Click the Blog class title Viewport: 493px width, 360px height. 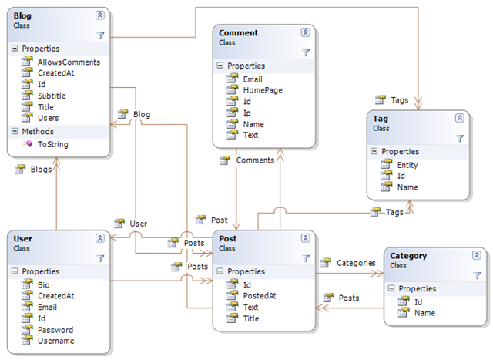pos(22,15)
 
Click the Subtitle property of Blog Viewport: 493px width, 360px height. pos(51,96)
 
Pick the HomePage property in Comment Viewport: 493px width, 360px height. pos(263,90)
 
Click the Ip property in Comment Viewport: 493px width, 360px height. pos(246,113)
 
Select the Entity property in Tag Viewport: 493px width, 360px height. pos(409,165)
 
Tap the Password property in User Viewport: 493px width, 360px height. pos(55,329)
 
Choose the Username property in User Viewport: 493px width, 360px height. pos(55,340)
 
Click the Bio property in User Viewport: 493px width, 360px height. pos(44,284)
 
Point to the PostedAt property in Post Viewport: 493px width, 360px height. pos(260,296)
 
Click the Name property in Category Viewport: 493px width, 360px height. pos(424,313)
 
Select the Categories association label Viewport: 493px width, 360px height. pos(356,263)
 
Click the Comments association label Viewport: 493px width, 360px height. pos(254,160)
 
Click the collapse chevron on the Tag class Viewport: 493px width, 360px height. pos(459,118)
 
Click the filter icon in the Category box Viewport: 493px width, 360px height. pos(477,274)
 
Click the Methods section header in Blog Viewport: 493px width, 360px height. pos(39,131)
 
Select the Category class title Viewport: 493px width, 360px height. pos(408,255)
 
